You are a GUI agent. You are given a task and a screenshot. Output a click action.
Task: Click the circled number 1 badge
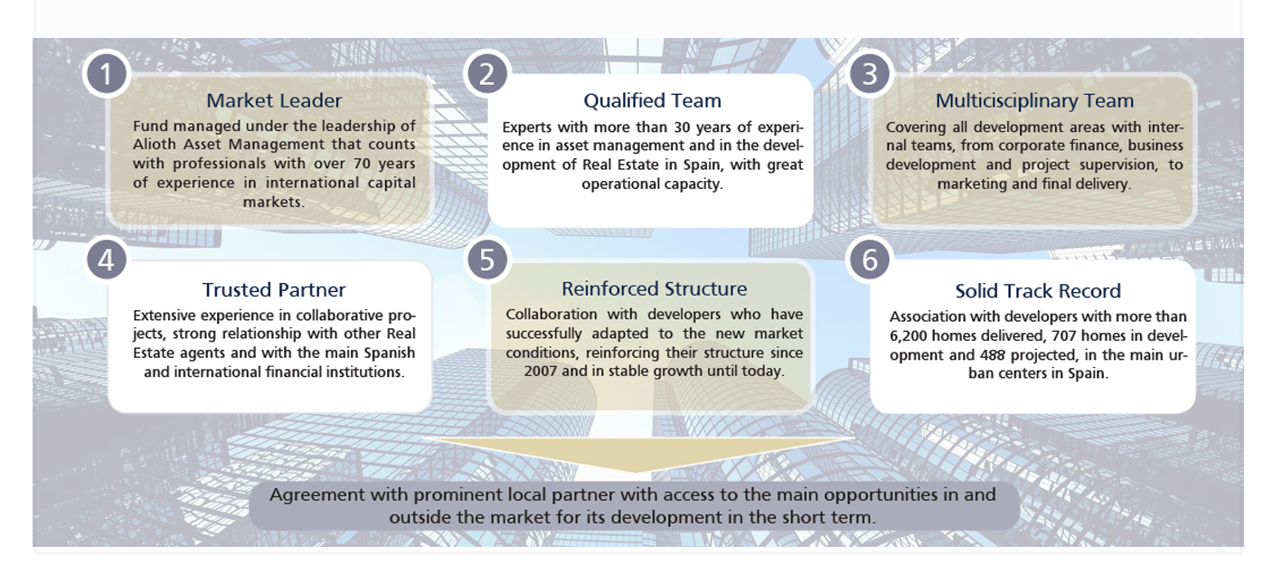coord(107,74)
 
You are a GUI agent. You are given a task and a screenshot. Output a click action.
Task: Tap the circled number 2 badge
coord(487,74)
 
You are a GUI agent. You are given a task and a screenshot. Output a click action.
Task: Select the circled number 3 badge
coord(870,74)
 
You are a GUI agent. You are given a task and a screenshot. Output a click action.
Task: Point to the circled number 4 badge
coord(107,260)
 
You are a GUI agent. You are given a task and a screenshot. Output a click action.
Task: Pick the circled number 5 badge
coord(487,260)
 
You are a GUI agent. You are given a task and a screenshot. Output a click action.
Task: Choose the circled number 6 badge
coord(870,260)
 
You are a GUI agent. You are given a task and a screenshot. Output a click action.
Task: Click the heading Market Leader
coord(274,100)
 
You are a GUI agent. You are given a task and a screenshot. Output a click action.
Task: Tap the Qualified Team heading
coord(653,100)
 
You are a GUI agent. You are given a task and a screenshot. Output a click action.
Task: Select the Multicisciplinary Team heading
coord(1034,100)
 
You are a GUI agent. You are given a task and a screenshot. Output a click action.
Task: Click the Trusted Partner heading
coord(274,289)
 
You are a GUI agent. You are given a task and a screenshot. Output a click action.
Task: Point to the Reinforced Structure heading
coord(654,288)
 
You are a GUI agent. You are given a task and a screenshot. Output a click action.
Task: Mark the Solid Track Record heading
coord(1038,291)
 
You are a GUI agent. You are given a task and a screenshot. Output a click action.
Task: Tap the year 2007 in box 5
coord(540,372)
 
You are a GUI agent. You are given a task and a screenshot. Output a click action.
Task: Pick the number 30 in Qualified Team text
coord(682,127)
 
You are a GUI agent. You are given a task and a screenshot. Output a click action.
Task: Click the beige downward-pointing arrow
coord(637,454)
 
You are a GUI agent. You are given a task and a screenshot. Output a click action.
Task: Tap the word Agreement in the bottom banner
coord(317,495)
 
